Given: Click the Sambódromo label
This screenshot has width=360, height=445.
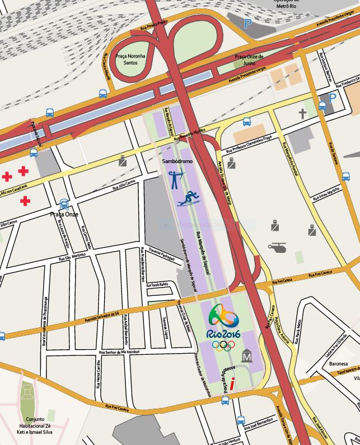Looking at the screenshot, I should (x=177, y=160).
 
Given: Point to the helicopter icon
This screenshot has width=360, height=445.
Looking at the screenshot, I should (x=277, y=247).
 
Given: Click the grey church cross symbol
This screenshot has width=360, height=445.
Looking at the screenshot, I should (x=302, y=114).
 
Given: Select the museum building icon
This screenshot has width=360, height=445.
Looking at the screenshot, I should (x=247, y=355).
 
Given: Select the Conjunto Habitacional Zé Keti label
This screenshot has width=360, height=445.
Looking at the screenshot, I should (x=35, y=425).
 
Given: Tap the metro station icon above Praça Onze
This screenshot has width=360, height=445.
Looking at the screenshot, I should (x=64, y=204).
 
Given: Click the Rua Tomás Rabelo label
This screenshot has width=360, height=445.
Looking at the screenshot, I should (x=157, y=284).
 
